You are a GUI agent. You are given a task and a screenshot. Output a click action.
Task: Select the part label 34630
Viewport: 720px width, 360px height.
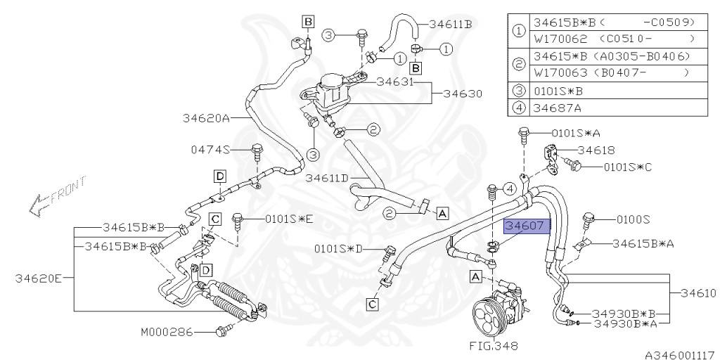(461, 93)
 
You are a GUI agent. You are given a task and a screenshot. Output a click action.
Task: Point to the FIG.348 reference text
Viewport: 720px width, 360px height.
(493, 345)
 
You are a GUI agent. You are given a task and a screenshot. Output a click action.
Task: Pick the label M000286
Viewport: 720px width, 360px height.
(166, 331)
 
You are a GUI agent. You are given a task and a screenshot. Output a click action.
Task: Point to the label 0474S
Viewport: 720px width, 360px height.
(210, 149)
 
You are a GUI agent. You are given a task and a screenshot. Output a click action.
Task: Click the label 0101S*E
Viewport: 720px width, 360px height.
(288, 219)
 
